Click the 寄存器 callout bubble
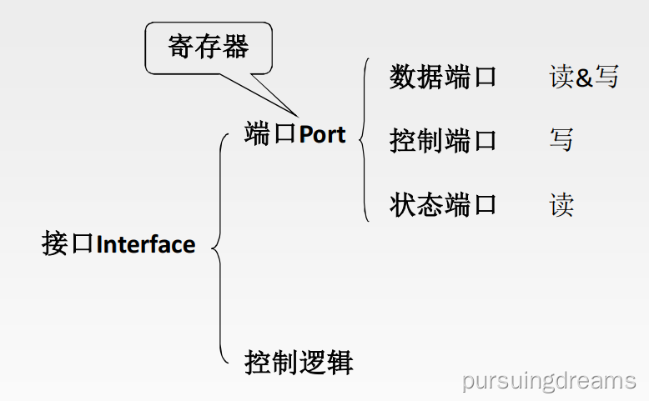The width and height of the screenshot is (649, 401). pyautogui.click(x=209, y=47)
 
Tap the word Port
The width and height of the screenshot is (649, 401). pyautogui.click(x=322, y=134)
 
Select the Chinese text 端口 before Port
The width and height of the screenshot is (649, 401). pyautogui.click(x=270, y=134)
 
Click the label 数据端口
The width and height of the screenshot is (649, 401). pyautogui.click(x=442, y=77)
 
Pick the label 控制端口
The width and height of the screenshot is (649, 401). pyautogui.click(x=442, y=140)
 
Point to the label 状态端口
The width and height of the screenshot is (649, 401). pyautogui.click(x=442, y=204)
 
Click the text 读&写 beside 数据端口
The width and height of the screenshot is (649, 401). pyautogui.click(x=584, y=77)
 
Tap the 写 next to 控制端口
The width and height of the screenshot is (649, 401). pyautogui.click(x=561, y=140)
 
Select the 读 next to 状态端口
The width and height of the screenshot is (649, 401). pyautogui.click(x=561, y=204)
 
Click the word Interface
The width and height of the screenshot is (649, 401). pyautogui.click(x=146, y=245)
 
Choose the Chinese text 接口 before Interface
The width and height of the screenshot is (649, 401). pyautogui.click(x=68, y=245)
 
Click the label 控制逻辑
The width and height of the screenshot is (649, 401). pyautogui.click(x=298, y=363)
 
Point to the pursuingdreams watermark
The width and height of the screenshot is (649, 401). pyautogui.click(x=549, y=381)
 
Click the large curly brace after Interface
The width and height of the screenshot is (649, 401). pyautogui.click(x=219, y=247)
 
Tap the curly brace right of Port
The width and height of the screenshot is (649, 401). pyautogui.click(x=364, y=139)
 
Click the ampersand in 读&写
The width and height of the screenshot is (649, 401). pyautogui.click(x=584, y=78)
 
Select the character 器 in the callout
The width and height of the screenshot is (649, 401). pyautogui.click(x=236, y=47)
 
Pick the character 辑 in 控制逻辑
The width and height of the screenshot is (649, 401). pyautogui.click(x=340, y=363)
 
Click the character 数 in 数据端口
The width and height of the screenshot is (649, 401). pyautogui.click(x=402, y=77)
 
